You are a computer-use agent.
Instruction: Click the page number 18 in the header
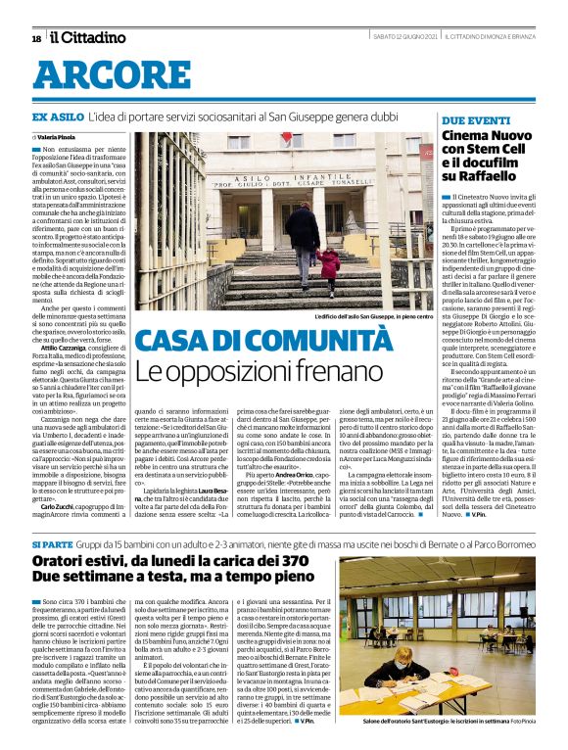coord(36,38)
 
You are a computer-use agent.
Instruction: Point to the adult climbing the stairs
coord(305,240)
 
